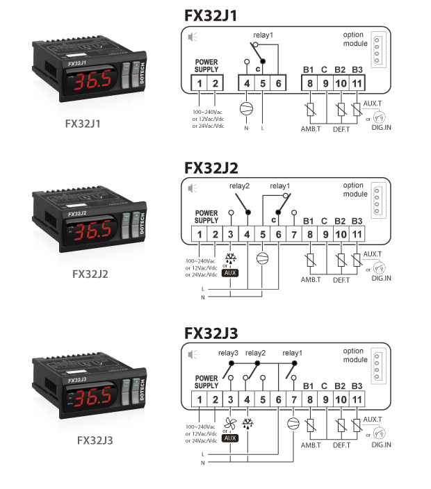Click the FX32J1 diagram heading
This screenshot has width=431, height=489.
(211, 15)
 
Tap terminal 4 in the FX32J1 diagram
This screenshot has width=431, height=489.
(247, 83)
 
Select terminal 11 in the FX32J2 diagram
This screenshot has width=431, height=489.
(357, 234)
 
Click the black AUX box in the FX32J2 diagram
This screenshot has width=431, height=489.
(230, 273)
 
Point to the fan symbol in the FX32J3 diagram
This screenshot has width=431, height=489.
(230, 424)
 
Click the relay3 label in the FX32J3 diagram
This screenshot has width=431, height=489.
(228, 353)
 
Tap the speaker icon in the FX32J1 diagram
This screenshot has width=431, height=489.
(193, 37)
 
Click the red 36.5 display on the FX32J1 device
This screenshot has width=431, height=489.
(92, 80)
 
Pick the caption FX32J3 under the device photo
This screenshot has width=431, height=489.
(95, 440)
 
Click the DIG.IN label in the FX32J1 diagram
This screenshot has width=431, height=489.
(381, 128)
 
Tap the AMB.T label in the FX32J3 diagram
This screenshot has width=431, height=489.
(311, 445)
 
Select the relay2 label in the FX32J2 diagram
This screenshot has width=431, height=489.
(239, 186)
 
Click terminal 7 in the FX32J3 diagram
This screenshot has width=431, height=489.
(294, 399)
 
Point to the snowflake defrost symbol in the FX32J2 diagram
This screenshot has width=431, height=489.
(231, 258)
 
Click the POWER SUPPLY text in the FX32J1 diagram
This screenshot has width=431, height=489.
(206, 66)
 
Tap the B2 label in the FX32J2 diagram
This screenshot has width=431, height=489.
(340, 221)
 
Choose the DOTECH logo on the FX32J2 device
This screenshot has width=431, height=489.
(143, 223)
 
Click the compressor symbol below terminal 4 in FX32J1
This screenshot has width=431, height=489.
(246, 108)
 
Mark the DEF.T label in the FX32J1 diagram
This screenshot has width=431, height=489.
(341, 129)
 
